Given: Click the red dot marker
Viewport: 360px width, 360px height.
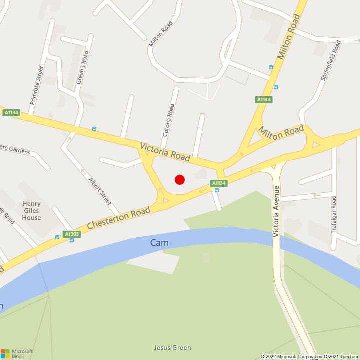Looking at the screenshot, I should coord(180,180).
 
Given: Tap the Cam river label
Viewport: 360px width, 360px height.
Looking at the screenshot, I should coord(159,243).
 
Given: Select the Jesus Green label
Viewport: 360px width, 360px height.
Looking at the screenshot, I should coord(172,348).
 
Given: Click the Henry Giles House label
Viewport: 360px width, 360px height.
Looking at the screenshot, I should coord(31,210).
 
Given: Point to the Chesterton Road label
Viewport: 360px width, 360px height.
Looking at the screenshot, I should coord(118,219).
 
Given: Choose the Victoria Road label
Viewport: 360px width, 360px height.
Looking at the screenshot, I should coord(165,152).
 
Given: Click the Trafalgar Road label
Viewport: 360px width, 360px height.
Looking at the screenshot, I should coord(334,215).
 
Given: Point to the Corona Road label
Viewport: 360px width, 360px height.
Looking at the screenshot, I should coord(168,120).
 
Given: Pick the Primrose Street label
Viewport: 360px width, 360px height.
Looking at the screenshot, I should coord(37,84).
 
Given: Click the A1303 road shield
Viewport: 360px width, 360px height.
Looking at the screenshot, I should coord(72,234).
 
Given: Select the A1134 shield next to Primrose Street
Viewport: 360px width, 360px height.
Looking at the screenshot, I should coord(11,113).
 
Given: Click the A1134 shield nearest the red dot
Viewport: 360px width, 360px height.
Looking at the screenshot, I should coord(219,183).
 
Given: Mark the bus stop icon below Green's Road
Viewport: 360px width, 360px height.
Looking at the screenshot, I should coord(94,129).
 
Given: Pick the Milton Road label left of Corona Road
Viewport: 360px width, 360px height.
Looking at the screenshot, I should coord(160,34).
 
